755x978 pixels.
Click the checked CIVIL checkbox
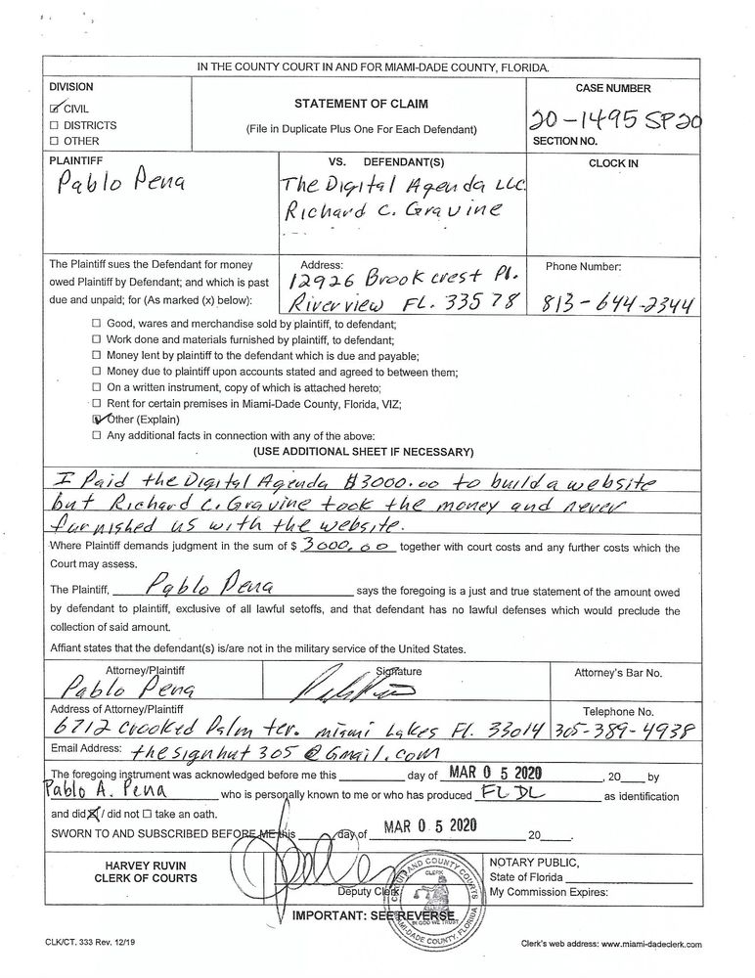coord(55,110)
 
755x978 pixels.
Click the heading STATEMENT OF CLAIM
coord(361,103)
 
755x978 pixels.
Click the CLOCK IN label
coord(613,164)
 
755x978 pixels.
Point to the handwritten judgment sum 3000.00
coord(347,549)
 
